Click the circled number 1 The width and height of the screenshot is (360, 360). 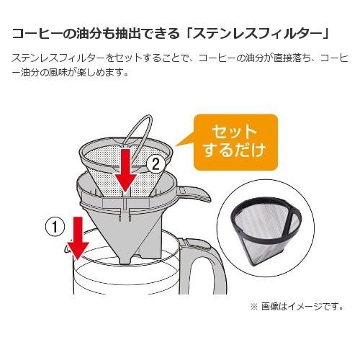pos(55,227)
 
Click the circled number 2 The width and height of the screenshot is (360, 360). pos(156,164)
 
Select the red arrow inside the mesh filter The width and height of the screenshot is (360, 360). pos(125,171)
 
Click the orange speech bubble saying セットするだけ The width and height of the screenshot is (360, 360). pos(235,143)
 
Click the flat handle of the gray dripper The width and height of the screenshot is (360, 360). pos(194,193)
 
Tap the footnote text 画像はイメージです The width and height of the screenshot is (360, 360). pos(302,307)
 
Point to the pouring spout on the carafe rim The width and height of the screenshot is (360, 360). pos(67,250)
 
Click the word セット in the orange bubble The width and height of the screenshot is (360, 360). pos(235,132)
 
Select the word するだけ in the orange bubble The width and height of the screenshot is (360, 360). pos(235,150)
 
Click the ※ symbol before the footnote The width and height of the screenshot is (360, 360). pos(253,307)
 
